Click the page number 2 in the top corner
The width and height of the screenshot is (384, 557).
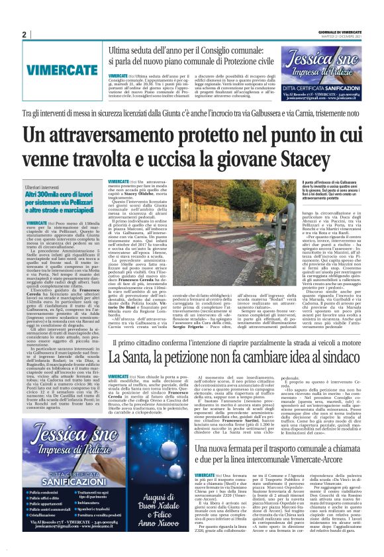(x=24, y=34)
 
